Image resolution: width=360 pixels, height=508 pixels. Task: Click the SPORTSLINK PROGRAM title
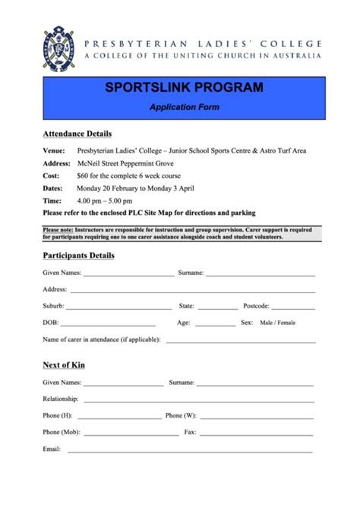point(185,88)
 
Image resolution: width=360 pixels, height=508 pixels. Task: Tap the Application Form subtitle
point(185,108)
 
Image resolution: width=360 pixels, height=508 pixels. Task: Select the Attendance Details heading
point(77,134)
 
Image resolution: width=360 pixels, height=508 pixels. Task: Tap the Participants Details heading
point(78,255)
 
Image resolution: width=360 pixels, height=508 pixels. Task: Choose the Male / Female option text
point(277,323)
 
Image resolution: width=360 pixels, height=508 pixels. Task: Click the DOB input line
point(114,324)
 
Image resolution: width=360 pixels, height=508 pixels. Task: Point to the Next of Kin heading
point(63,365)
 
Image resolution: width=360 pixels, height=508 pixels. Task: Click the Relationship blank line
point(198,400)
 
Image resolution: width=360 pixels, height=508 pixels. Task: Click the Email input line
point(190,451)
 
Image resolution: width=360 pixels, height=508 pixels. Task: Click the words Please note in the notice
point(58,229)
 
